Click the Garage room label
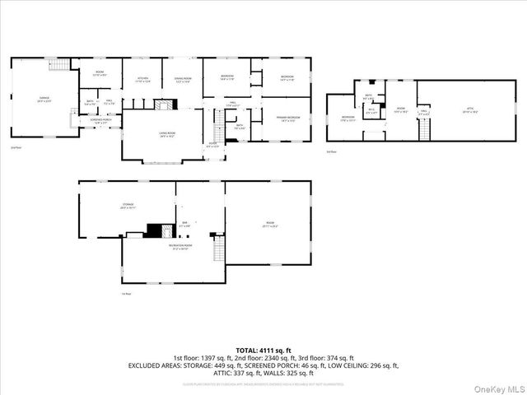[x=43, y=99]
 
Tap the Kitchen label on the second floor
[x=142, y=79]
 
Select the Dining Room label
[x=182, y=79]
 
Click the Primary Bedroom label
[x=287, y=118]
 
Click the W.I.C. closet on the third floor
[x=371, y=110]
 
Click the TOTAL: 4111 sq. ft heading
[x=263, y=351]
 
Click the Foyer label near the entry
[x=212, y=146]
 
